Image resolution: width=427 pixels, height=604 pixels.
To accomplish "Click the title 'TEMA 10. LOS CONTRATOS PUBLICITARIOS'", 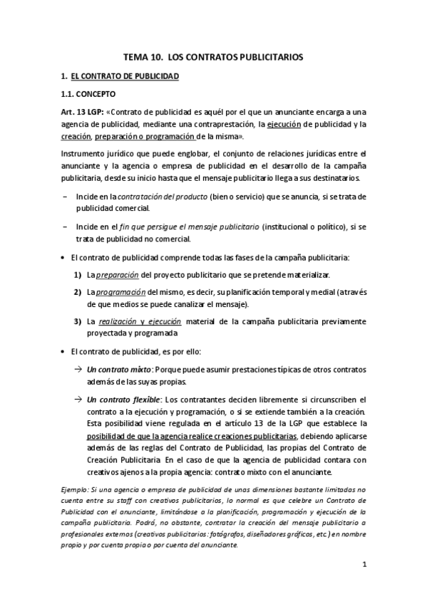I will point(213,56).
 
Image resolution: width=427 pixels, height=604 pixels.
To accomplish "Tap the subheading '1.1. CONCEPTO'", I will point(89,94).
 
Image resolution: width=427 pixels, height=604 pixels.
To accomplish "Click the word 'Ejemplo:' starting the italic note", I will point(75,490).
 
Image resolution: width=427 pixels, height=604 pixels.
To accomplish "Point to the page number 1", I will point(364,566).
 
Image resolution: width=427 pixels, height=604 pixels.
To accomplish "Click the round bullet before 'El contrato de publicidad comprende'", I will point(63,256).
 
